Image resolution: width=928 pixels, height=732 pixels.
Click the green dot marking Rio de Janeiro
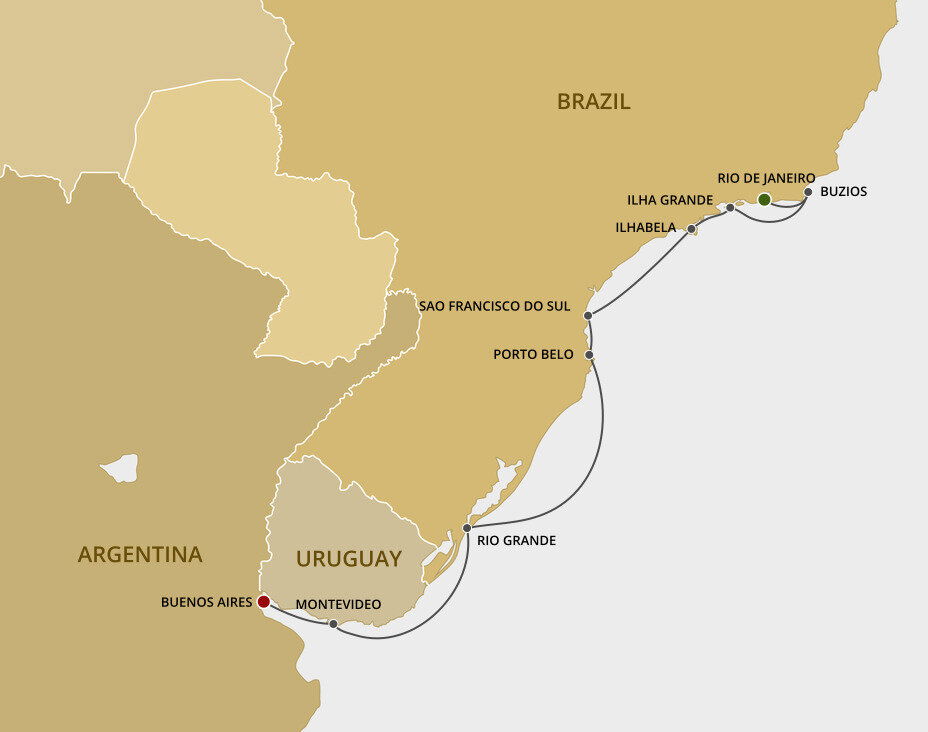click(x=764, y=200)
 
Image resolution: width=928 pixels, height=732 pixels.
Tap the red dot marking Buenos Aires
click(x=263, y=602)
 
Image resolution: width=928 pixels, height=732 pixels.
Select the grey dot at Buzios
click(x=808, y=192)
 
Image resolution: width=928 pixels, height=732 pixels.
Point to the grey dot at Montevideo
click(x=333, y=624)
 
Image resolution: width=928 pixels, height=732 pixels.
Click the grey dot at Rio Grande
click(x=467, y=527)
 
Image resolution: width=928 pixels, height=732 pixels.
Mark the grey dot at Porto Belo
click(x=590, y=355)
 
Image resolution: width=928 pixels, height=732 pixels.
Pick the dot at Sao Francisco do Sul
click(x=588, y=316)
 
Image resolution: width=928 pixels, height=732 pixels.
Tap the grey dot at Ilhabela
click(x=691, y=229)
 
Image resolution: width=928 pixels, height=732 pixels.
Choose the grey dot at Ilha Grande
click(x=730, y=208)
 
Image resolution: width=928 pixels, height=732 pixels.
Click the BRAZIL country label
click(x=594, y=101)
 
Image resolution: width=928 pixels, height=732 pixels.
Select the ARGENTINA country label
click(x=140, y=554)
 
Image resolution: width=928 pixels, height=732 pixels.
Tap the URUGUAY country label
click(x=348, y=559)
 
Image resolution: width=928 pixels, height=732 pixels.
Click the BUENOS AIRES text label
click(x=206, y=603)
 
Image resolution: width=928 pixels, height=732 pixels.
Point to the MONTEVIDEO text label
click(x=338, y=605)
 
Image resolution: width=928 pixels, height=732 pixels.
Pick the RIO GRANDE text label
click(x=516, y=541)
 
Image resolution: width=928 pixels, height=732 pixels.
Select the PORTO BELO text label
click(x=535, y=354)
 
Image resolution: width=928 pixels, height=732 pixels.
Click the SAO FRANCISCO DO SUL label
click(x=494, y=306)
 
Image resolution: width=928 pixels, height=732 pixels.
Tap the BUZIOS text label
click(x=843, y=192)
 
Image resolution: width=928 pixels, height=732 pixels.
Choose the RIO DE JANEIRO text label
click(x=766, y=178)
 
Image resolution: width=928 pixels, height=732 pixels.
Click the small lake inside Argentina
click(x=121, y=467)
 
